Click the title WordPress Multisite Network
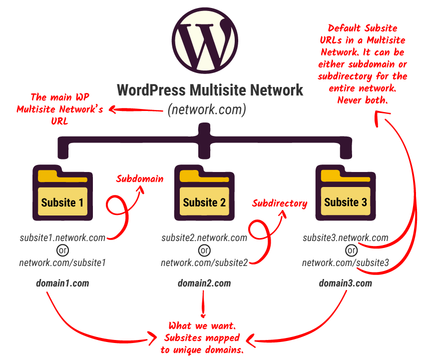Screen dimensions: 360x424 210,90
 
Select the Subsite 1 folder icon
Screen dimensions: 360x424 62,192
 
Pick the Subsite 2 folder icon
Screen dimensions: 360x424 204,192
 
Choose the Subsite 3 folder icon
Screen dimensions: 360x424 346,192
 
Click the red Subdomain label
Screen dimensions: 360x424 140,178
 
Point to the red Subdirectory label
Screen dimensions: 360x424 279,203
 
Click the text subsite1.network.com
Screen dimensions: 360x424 62,238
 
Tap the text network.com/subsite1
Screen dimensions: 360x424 62,262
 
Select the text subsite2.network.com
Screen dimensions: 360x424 204,238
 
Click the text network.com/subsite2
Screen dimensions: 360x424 204,262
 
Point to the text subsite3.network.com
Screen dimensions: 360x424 346,238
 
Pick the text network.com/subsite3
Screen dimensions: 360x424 346,262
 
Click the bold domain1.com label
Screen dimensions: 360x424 62,283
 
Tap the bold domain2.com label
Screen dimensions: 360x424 204,283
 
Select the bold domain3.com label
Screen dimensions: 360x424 346,283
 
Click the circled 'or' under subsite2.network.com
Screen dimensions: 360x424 204,250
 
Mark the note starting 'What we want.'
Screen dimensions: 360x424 202,337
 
